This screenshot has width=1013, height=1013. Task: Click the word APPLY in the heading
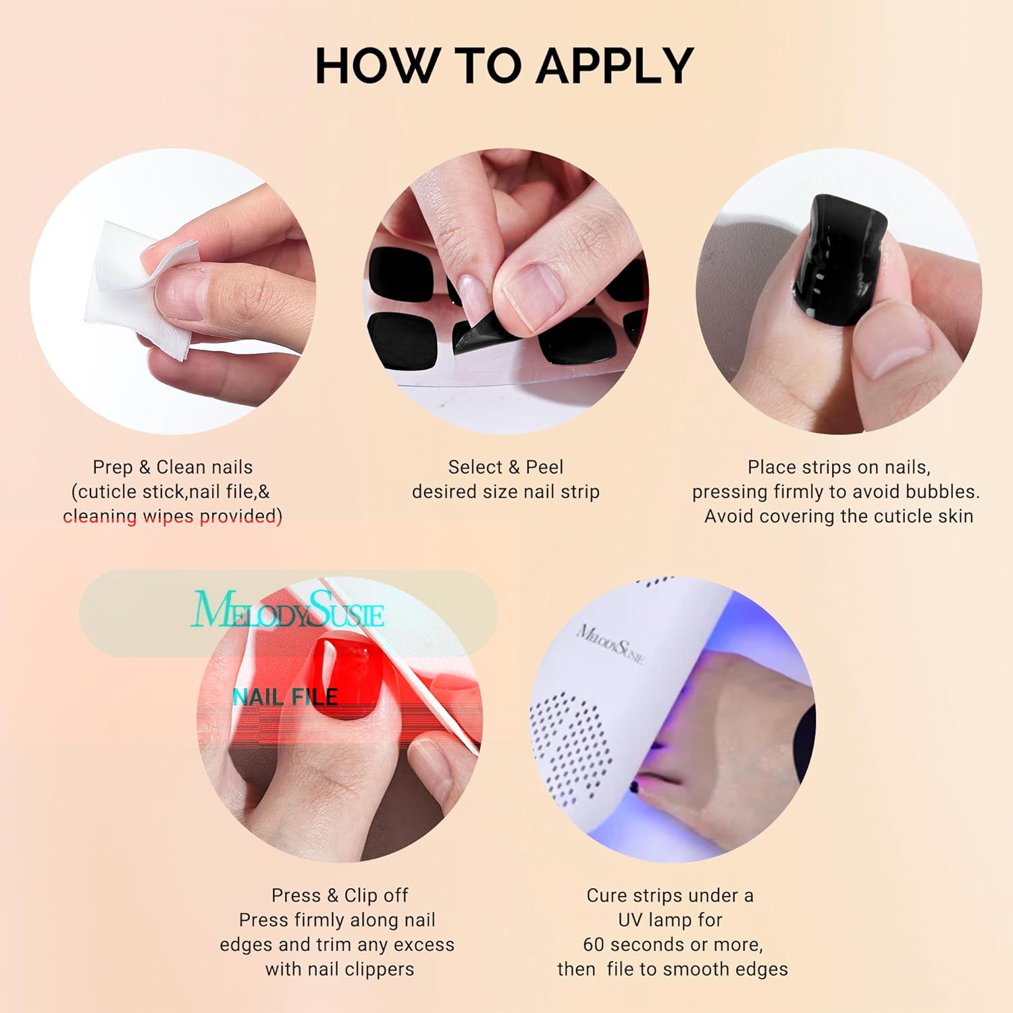(615, 66)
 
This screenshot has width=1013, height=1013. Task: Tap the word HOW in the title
(375, 66)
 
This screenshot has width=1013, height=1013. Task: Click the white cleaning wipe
(135, 290)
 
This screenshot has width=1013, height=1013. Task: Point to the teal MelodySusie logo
(288, 610)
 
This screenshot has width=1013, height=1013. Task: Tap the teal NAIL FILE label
(285, 697)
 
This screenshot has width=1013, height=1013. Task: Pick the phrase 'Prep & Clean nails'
(173, 467)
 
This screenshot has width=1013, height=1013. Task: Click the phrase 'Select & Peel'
(506, 467)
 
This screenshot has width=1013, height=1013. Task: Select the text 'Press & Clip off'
(340, 895)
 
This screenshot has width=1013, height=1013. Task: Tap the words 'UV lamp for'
(670, 920)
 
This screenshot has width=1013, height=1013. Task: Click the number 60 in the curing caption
(594, 944)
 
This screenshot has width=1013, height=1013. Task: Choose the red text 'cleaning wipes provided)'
(173, 517)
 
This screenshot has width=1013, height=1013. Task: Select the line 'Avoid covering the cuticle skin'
(839, 517)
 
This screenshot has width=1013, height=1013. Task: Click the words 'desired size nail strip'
(506, 492)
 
